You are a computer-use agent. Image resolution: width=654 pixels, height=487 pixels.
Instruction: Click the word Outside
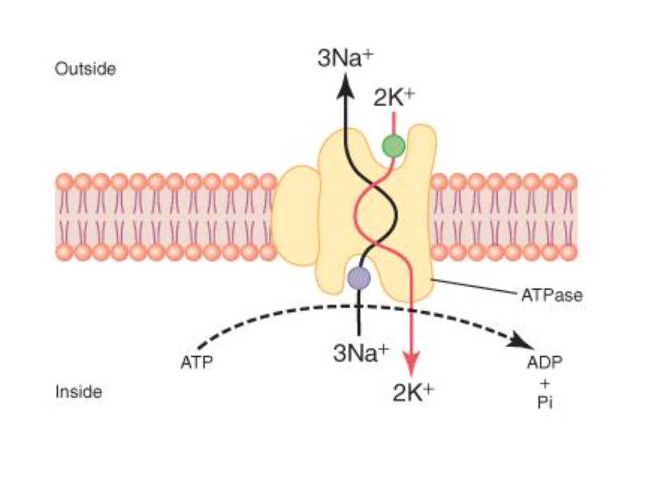click(85, 69)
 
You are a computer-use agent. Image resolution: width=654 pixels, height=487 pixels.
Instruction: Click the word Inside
click(78, 392)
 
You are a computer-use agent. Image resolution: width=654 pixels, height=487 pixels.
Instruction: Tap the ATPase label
click(552, 295)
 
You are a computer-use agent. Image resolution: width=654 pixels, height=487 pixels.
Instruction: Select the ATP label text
click(197, 363)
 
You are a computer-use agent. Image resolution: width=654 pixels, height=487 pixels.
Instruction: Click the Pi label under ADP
click(545, 402)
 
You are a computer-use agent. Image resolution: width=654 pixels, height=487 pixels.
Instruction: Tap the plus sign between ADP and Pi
click(545, 383)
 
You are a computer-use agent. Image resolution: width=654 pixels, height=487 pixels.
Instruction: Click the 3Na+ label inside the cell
click(361, 353)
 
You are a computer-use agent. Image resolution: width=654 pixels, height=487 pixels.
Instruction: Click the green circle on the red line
click(393, 147)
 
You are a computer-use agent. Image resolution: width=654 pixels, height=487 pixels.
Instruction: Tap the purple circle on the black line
click(359, 277)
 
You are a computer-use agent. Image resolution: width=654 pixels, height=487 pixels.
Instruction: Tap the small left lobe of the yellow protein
click(296, 215)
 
